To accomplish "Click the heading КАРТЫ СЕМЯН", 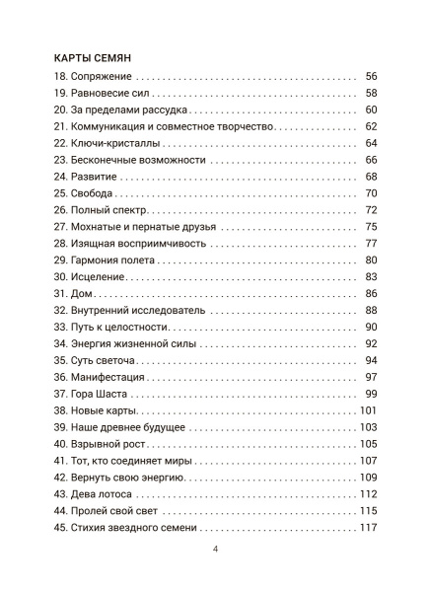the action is pyautogui.click(x=97, y=56).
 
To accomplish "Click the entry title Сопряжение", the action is pyautogui.click(x=103, y=76).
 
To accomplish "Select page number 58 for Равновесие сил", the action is pyautogui.click(x=371, y=93).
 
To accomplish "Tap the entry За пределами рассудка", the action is pyautogui.click(x=128, y=110).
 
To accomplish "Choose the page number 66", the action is pyautogui.click(x=371, y=160).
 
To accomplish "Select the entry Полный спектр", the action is pyautogui.click(x=108, y=210).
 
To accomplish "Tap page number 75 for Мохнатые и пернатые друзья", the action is pyautogui.click(x=371, y=227).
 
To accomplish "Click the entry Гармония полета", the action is pyautogui.click(x=113, y=260).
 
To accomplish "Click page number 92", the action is pyautogui.click(x=371, y=343).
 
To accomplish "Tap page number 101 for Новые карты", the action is pyautogui.click(x=368, y=410).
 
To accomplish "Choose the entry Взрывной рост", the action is pyautogui.click(x=108, y=444).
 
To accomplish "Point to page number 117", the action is pyautogui.click(x=368, y=527).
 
